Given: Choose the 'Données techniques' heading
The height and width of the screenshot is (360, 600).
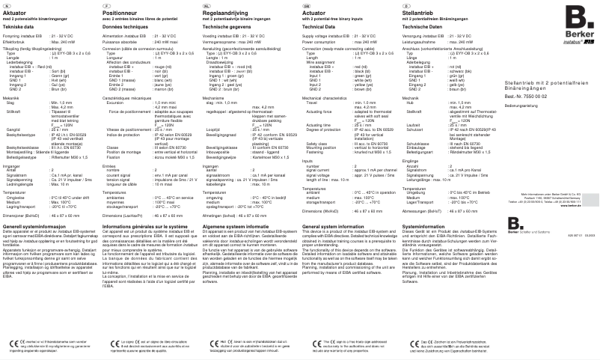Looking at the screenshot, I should pyautogui.click(x=123, y=26).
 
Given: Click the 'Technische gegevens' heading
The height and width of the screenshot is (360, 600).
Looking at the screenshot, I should pyautogui.click(x=227, y=26).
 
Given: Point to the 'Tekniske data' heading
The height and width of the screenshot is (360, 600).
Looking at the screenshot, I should pyautogui.click(x=18, y=26).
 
